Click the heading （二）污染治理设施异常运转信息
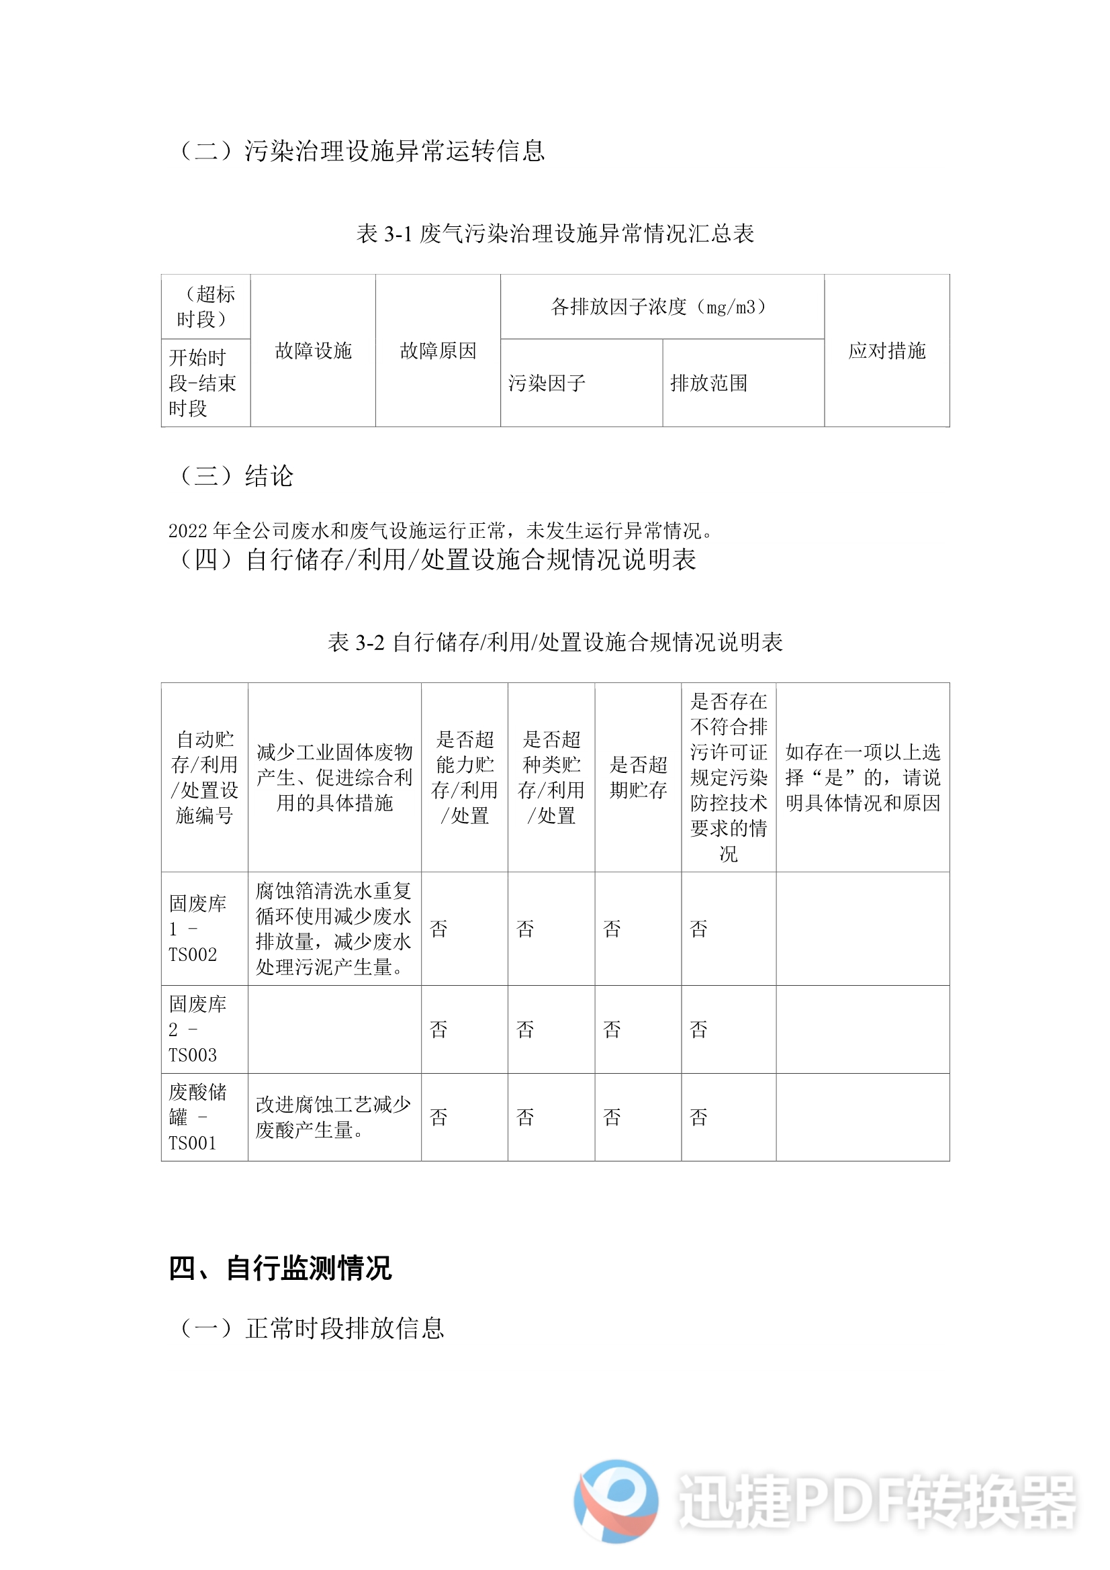point(362,150)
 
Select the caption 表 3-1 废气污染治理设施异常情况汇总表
point(555,234)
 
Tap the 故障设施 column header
point(313,351)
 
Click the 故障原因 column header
point(438,351)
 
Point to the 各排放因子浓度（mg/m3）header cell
point(661,307)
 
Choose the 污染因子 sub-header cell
point(547,383)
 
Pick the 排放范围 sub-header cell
point(708,383)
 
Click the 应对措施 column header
point(886,351)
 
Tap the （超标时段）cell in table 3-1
point(205,306)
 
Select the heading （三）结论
point(236,476)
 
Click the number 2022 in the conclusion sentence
point(188,530)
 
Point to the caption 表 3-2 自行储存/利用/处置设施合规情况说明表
point(555,642)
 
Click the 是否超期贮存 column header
point(637,777)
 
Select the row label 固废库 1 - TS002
point(197,929)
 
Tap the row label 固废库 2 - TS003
point(197,1029)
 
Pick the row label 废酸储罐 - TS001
point(197,1117)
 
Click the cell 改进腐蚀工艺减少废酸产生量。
point(333,1117)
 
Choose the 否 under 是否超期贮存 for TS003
point(612,1029)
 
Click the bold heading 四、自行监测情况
point(280,1268)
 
